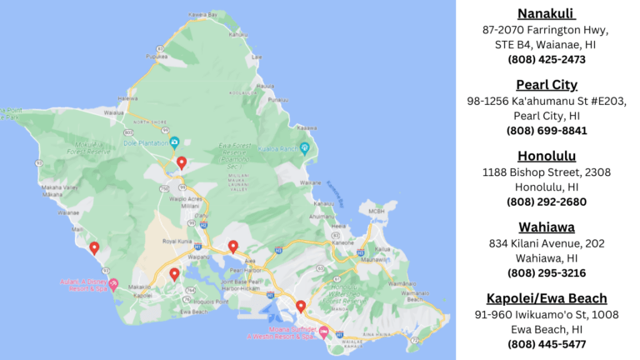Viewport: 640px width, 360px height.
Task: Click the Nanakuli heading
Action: click(x=547, y=13)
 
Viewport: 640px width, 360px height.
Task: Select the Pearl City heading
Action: click(x=547, y=84)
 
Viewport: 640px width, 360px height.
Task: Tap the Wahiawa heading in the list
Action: click(x=547, y=227)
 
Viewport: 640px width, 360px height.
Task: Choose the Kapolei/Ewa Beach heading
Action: click(x=547, y=298)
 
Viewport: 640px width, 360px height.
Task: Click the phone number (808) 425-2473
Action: click(x=547, y=59)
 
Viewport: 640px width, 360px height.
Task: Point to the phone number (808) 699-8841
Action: click(x=547, y=131)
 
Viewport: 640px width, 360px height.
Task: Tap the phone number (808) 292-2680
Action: click(x=547, y=202)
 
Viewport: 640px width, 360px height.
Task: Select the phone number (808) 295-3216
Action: click(x=547, y=272)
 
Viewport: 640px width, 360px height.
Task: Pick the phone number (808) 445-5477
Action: click(x=547, y=344)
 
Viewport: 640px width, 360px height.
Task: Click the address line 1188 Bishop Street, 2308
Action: click(x=547, y=172)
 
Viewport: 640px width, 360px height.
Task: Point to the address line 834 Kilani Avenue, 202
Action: click(x=547, y=242)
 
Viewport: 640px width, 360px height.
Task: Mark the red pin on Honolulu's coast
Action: click(x=301, y=306)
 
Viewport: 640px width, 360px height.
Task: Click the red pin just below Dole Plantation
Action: click(x=182, y=162)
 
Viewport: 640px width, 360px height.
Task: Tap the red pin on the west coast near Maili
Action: click(x=94, y=247)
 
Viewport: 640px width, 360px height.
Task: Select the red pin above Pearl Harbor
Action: click(x=233, y=246)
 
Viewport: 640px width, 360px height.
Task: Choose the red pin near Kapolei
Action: click(x=174, y=273)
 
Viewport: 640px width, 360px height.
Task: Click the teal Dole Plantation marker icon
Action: click(x=174, y=142)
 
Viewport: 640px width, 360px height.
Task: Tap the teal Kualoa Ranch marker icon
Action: click(x=304, y=149)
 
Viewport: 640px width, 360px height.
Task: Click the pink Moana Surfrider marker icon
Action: click(x=323, y=332)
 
